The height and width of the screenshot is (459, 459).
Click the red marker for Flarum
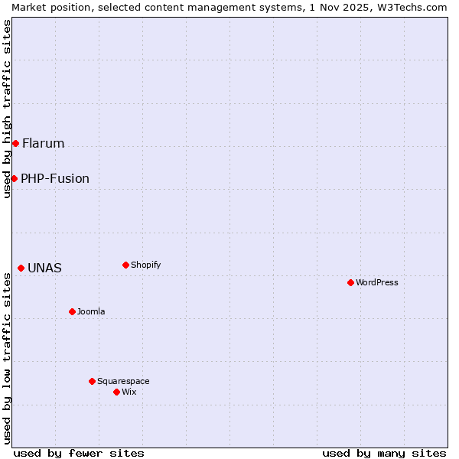15,143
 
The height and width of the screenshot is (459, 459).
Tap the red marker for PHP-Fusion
14,178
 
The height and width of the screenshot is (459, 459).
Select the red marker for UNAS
21,268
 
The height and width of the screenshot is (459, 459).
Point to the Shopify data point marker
125,265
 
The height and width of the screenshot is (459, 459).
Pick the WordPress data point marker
350,282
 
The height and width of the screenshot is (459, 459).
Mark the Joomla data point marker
72,311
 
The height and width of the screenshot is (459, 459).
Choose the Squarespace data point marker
92,381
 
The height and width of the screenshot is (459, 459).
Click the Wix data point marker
116,392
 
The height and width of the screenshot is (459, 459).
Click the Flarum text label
44,143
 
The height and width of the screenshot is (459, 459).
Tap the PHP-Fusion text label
55,179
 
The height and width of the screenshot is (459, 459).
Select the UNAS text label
44,269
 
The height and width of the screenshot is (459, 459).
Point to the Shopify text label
145,265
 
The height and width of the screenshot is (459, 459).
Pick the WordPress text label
377,282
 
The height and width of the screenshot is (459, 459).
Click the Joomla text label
91,311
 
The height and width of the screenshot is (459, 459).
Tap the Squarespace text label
123,381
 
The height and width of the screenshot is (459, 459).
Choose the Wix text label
129,392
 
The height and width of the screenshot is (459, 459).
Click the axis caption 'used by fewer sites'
79,453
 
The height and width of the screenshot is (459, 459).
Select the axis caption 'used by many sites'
384,453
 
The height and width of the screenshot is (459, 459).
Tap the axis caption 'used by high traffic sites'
7,109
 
